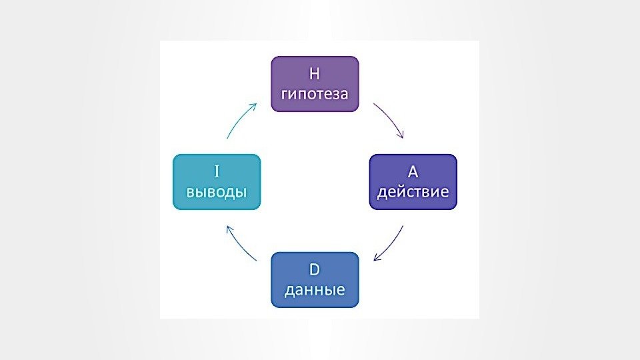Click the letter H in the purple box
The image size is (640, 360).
pos(315,73)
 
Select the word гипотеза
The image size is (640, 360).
pos(315,93)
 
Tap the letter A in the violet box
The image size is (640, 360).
pos(413,172)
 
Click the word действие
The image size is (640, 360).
pos(413,192)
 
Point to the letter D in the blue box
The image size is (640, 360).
pos(315,270)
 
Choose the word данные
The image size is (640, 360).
pos(315,290)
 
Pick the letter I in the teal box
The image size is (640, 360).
pos(216,172)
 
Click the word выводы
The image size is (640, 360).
pos(216,192)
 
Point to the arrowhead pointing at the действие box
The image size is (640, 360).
pos(401,136)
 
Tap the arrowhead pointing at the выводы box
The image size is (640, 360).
pos(228,227)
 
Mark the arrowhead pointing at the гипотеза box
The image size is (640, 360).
pos(255,105)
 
